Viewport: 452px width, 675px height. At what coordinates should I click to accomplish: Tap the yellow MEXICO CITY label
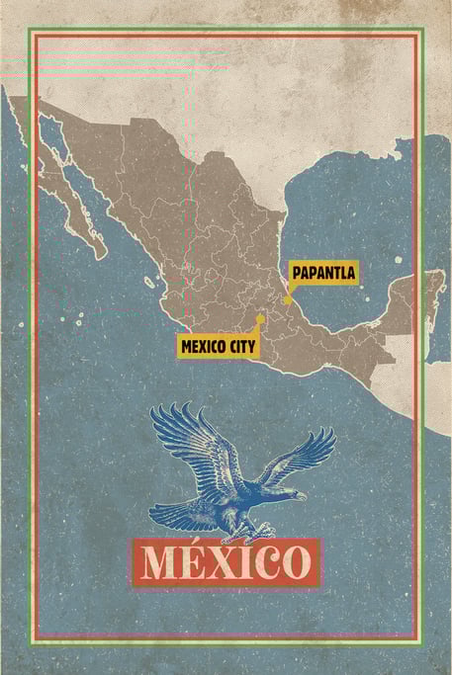tap(219, 346)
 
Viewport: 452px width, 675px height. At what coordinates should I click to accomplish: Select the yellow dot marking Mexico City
tap(259, 319)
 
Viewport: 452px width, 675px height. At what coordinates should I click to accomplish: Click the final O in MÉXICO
tap(292, 563)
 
